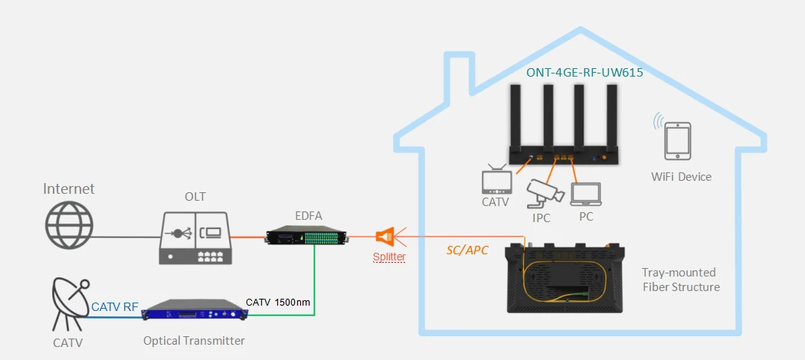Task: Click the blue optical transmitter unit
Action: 195,312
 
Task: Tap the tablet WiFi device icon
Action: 677,140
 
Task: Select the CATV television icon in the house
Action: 496,179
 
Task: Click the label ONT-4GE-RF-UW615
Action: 584,73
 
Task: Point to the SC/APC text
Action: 465,250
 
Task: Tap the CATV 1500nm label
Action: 278,302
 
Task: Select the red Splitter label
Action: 389,257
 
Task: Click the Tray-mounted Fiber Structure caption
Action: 681,279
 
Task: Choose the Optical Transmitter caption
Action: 194,341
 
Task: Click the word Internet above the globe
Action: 69,189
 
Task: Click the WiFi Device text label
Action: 681,177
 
